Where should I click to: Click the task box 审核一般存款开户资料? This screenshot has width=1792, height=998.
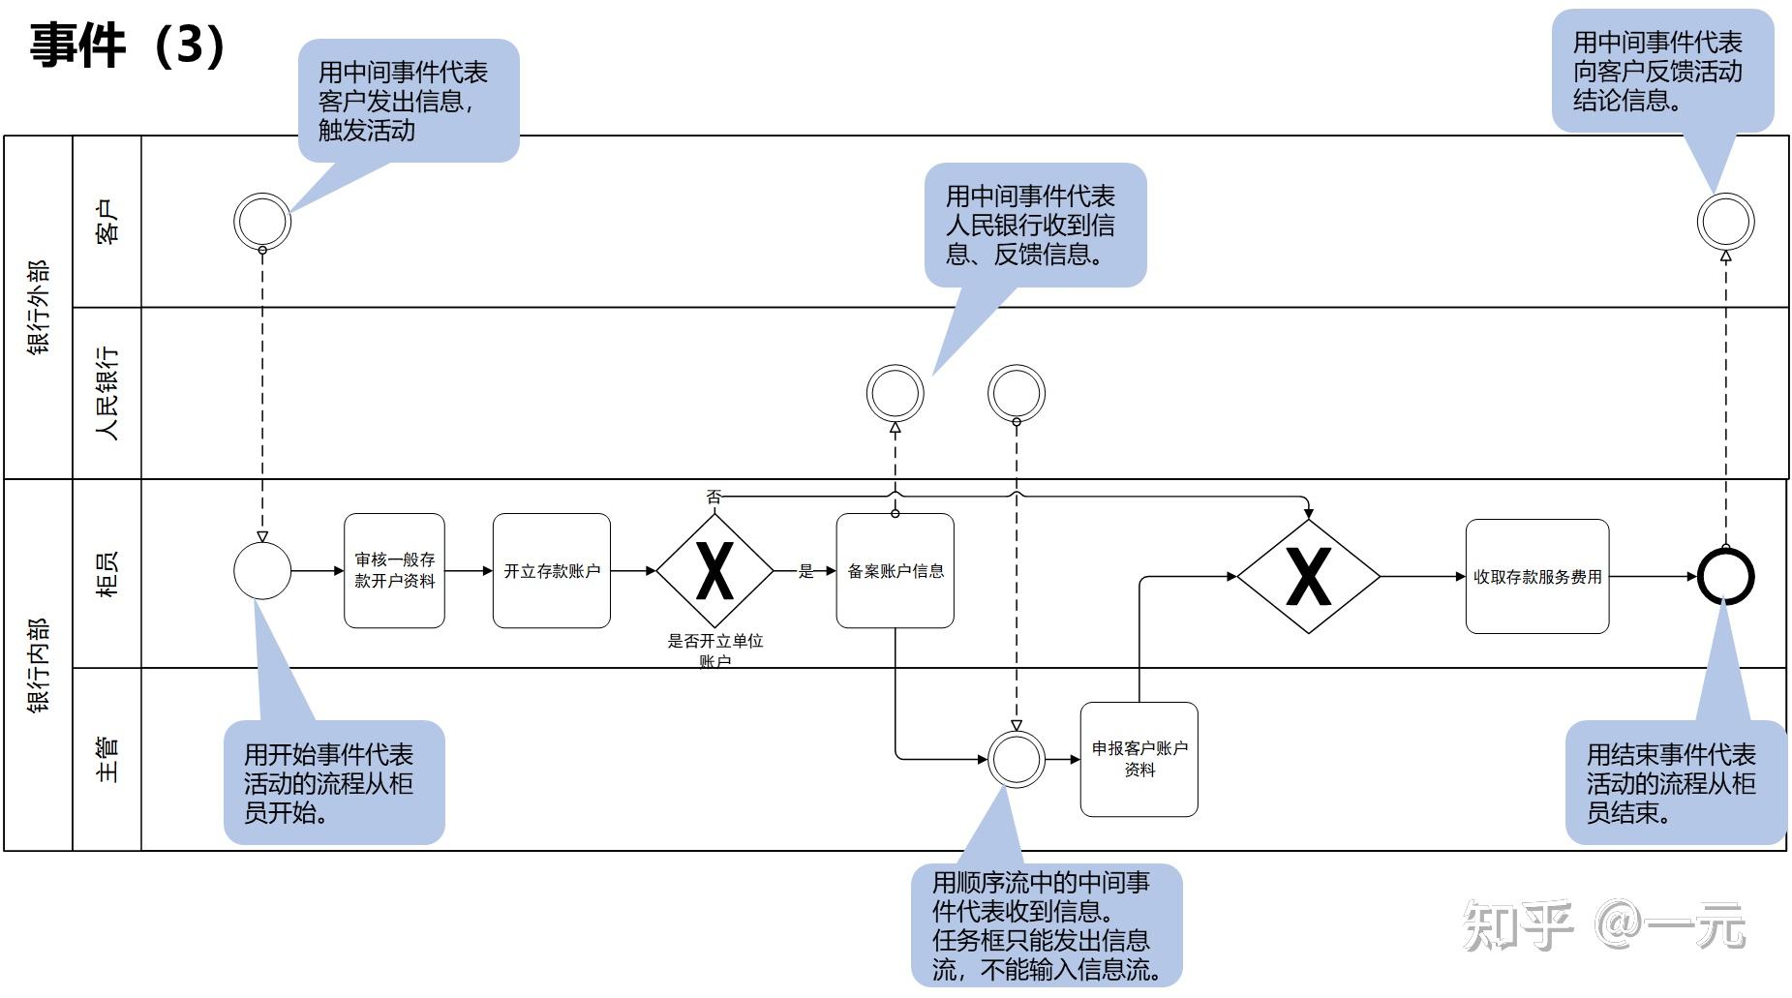394,570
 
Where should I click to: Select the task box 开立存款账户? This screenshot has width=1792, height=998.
551,570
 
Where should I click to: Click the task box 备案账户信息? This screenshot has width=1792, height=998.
895,570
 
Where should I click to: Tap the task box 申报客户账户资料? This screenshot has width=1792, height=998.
1139,759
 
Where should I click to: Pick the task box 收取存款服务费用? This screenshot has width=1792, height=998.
1536,576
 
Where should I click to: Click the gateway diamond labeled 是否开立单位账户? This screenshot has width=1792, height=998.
714,570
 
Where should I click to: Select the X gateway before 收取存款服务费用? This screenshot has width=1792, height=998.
1308,576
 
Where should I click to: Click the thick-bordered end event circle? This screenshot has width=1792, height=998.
1725,576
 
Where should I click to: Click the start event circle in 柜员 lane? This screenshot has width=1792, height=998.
262,570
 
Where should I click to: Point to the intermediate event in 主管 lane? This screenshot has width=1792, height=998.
1016,759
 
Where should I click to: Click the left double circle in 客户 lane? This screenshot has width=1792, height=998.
262,221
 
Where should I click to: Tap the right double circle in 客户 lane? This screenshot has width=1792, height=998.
1725,221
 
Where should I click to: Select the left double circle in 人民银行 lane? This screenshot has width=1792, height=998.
895,393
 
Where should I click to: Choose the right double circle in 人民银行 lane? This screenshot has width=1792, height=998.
1016,393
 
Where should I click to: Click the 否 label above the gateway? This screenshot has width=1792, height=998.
714,497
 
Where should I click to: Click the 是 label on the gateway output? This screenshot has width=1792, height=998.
805,571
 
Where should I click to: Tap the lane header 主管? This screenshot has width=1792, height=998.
107,759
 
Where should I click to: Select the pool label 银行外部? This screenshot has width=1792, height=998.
38,307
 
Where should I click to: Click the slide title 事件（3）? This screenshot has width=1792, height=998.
128,45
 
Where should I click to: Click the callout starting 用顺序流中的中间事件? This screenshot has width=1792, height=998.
1046,924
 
